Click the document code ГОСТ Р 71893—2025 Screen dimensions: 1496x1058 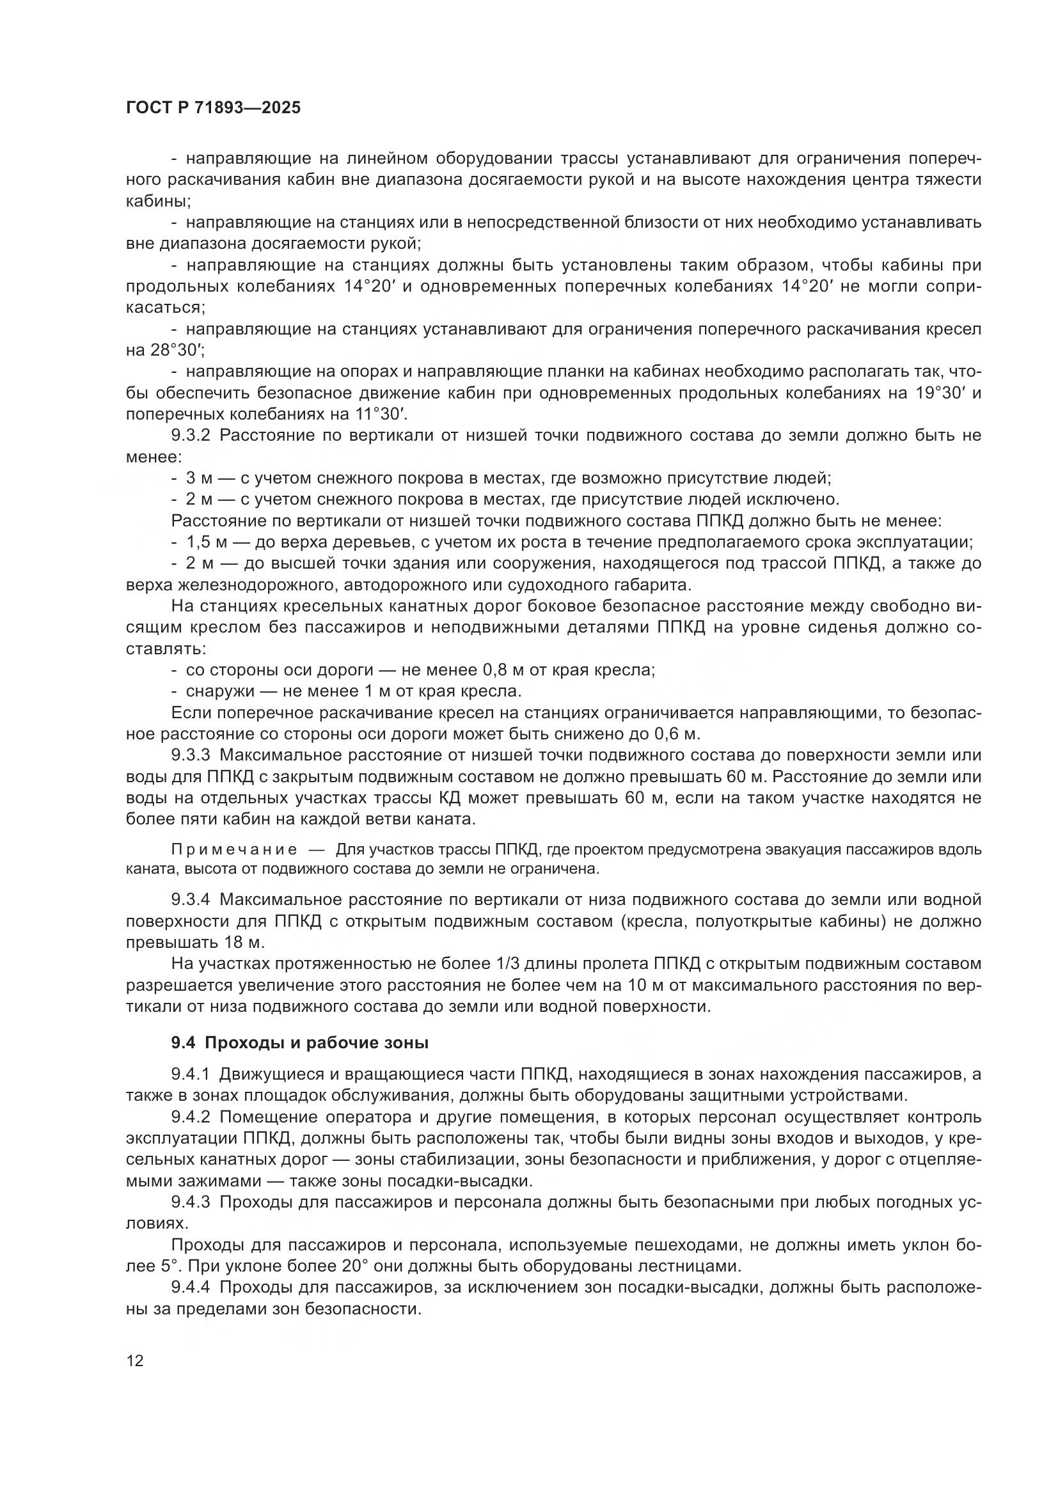[213, 107]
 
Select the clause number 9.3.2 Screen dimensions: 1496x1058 [190, 436]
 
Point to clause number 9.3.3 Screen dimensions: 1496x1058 [190, 755]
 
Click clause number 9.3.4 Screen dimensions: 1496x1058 [190, 900]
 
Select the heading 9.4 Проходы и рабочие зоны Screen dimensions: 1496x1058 [299, 1043]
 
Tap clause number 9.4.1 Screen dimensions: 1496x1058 [190, 1075]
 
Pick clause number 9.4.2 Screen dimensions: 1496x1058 [190, 1117]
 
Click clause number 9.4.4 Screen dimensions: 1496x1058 [190, 1287]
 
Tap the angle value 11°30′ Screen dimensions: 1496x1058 [377, 414]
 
